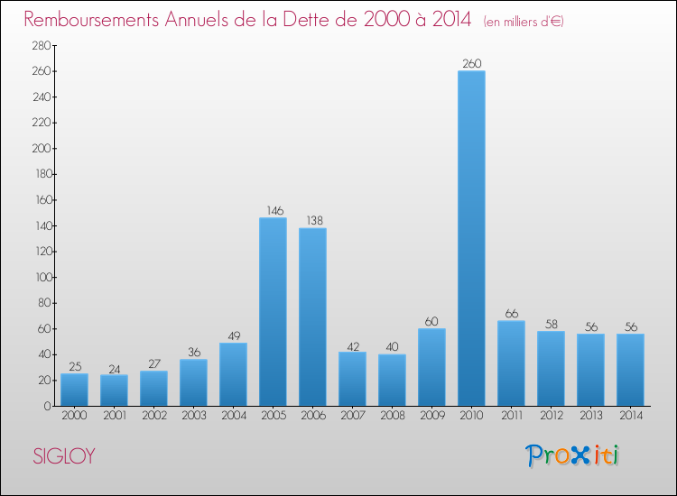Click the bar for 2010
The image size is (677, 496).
coord(471,238)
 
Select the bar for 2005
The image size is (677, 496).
coord(273,311)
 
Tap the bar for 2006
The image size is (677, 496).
coord(312,317)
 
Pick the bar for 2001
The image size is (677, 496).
coord(114,390)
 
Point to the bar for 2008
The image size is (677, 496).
coord(392,380)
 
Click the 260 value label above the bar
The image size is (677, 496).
coord(471,64)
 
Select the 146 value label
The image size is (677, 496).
coord(273,211)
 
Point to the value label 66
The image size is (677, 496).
coord(511,314)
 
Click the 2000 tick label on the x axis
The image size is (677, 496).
coord(74,416)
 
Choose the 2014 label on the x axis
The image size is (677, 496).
coord(630,416)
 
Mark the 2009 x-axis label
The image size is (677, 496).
coord(431,416)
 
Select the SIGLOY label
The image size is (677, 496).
coord(63,457)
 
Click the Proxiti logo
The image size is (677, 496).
coord(573,455)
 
